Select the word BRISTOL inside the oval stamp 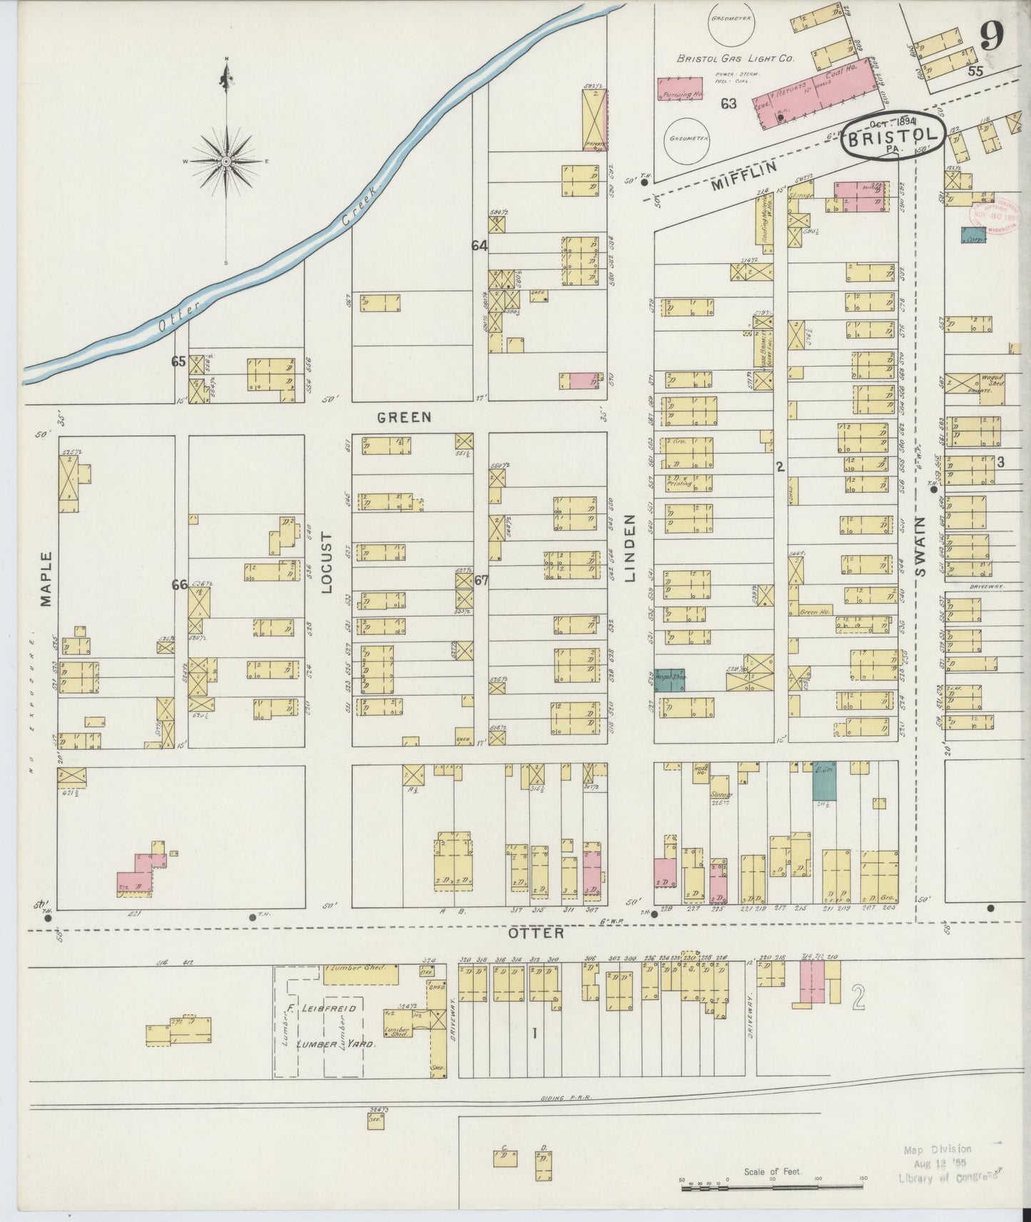pyautogui.click(x=894, y=135)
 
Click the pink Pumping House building pyautogui.click(x=681, y=89)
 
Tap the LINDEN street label pyautogui.click(x=630, y=548)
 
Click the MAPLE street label pyautogui.click(x=46, y=578)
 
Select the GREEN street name pyautogui.click(x=405, y=416)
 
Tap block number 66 pyautogui.click(x=179, y=585)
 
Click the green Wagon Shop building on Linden pyautogui.click(x=669, y=679)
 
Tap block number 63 pyautogui.click(x=728, y=103)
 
